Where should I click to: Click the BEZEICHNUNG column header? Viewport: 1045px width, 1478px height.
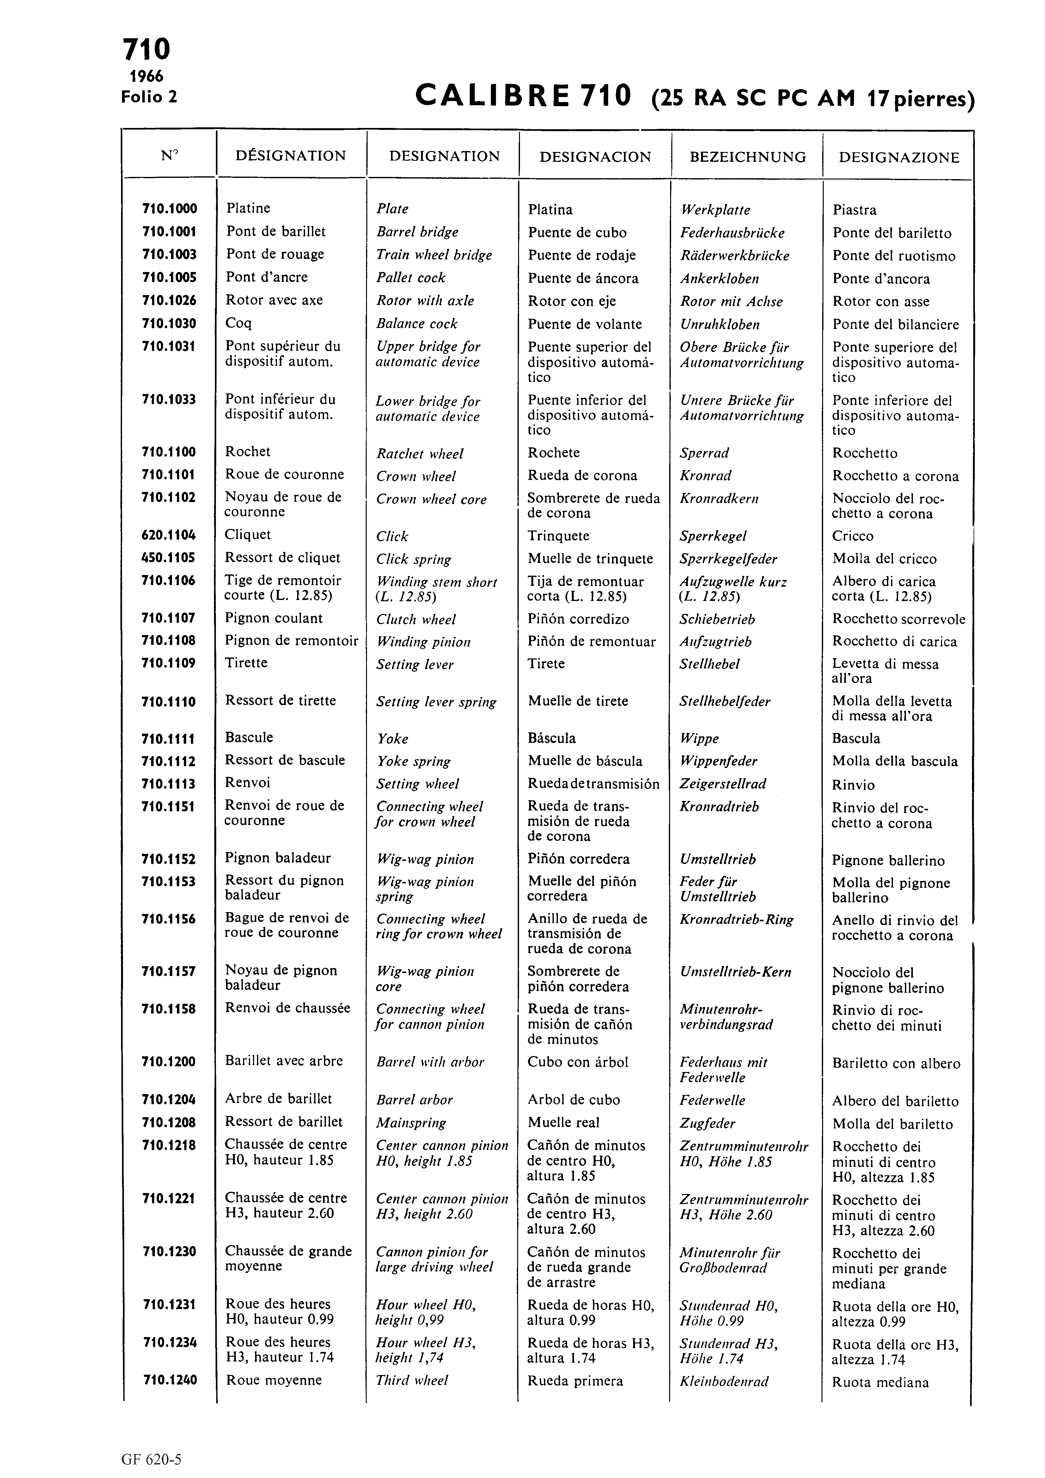(x=748, y=157)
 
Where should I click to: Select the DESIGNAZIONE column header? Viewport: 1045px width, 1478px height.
(x=899, y=158)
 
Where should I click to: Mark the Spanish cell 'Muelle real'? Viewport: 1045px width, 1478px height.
(x=563, y=1123)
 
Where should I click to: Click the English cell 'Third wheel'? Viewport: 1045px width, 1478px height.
(x=412, y=1380)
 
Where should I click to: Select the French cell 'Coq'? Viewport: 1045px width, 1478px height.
(x=238, y=323)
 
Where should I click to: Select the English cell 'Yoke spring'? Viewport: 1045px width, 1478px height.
(x=413, y=761)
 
